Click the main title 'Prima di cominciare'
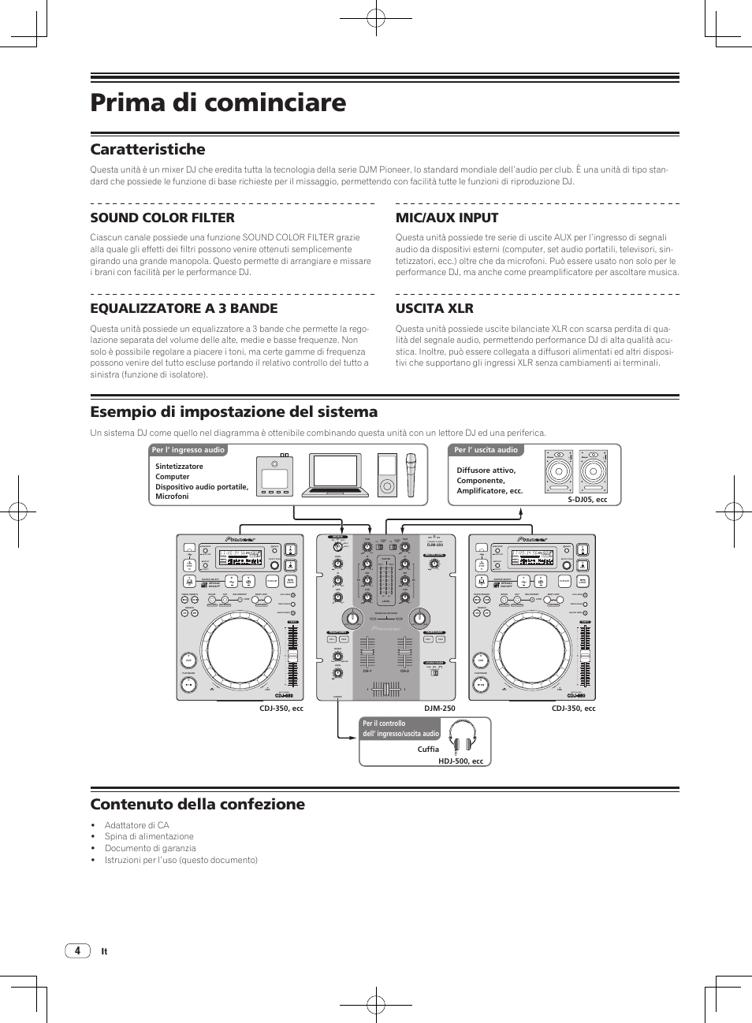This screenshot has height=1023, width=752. (218, 102)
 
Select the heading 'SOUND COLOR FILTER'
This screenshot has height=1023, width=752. (162, 218)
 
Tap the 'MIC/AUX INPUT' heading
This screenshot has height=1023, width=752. (447, 218)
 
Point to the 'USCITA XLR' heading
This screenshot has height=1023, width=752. (434, 308)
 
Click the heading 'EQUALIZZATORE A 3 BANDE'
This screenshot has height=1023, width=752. (184, 308)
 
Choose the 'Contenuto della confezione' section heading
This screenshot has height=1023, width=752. (197, 804)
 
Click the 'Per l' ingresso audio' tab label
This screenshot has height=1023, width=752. (188, 450)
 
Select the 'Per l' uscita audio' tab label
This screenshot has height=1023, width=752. (486, 450)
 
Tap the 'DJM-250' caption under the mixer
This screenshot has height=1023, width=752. (439, 709)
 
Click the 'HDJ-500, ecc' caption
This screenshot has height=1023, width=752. (460, 761)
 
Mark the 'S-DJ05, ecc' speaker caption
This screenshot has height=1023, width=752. (587, 500)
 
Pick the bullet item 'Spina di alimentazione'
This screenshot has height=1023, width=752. (149, 837)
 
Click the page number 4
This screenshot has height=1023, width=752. (77, 950)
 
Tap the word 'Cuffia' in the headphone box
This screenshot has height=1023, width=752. (428, 750)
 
